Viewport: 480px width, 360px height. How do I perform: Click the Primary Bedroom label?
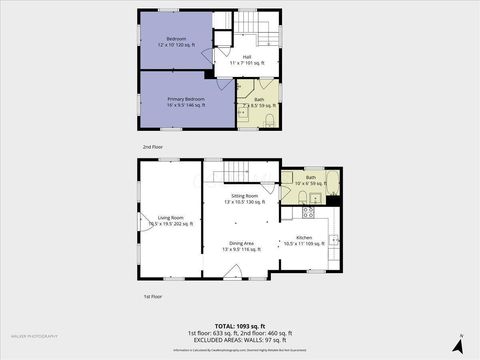186,101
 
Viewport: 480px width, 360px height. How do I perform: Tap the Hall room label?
245,60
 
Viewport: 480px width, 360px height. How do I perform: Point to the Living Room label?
170,219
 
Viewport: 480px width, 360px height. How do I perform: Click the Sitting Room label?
245,198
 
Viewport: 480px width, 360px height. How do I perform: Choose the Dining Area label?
240,246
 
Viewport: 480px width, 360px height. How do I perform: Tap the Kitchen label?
304,241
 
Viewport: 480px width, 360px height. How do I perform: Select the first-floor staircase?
240,172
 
